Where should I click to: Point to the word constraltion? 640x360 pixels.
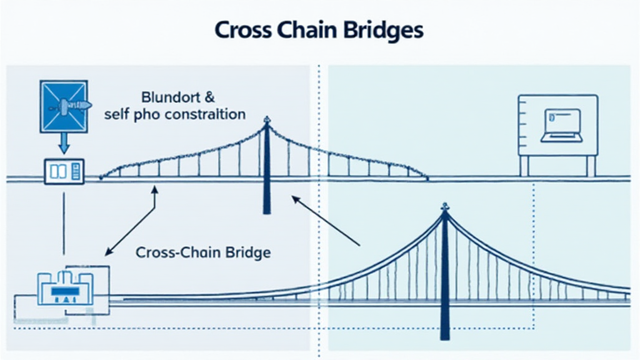(207, 115)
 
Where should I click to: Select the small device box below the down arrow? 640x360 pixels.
(63, 172)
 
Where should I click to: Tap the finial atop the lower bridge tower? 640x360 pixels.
(444, 206)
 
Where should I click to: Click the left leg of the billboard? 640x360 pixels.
(524, 166)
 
